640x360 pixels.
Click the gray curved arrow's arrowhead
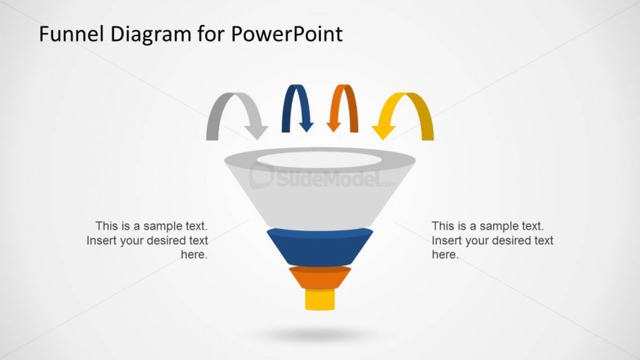point(256,132)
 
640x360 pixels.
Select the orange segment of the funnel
point(320,278)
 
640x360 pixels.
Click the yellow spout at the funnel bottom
point(320,300)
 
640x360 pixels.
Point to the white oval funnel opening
point(320,158)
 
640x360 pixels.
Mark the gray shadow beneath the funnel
point(320,335)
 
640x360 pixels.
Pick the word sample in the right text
point(494,226)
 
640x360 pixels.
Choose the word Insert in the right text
point(446,241)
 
